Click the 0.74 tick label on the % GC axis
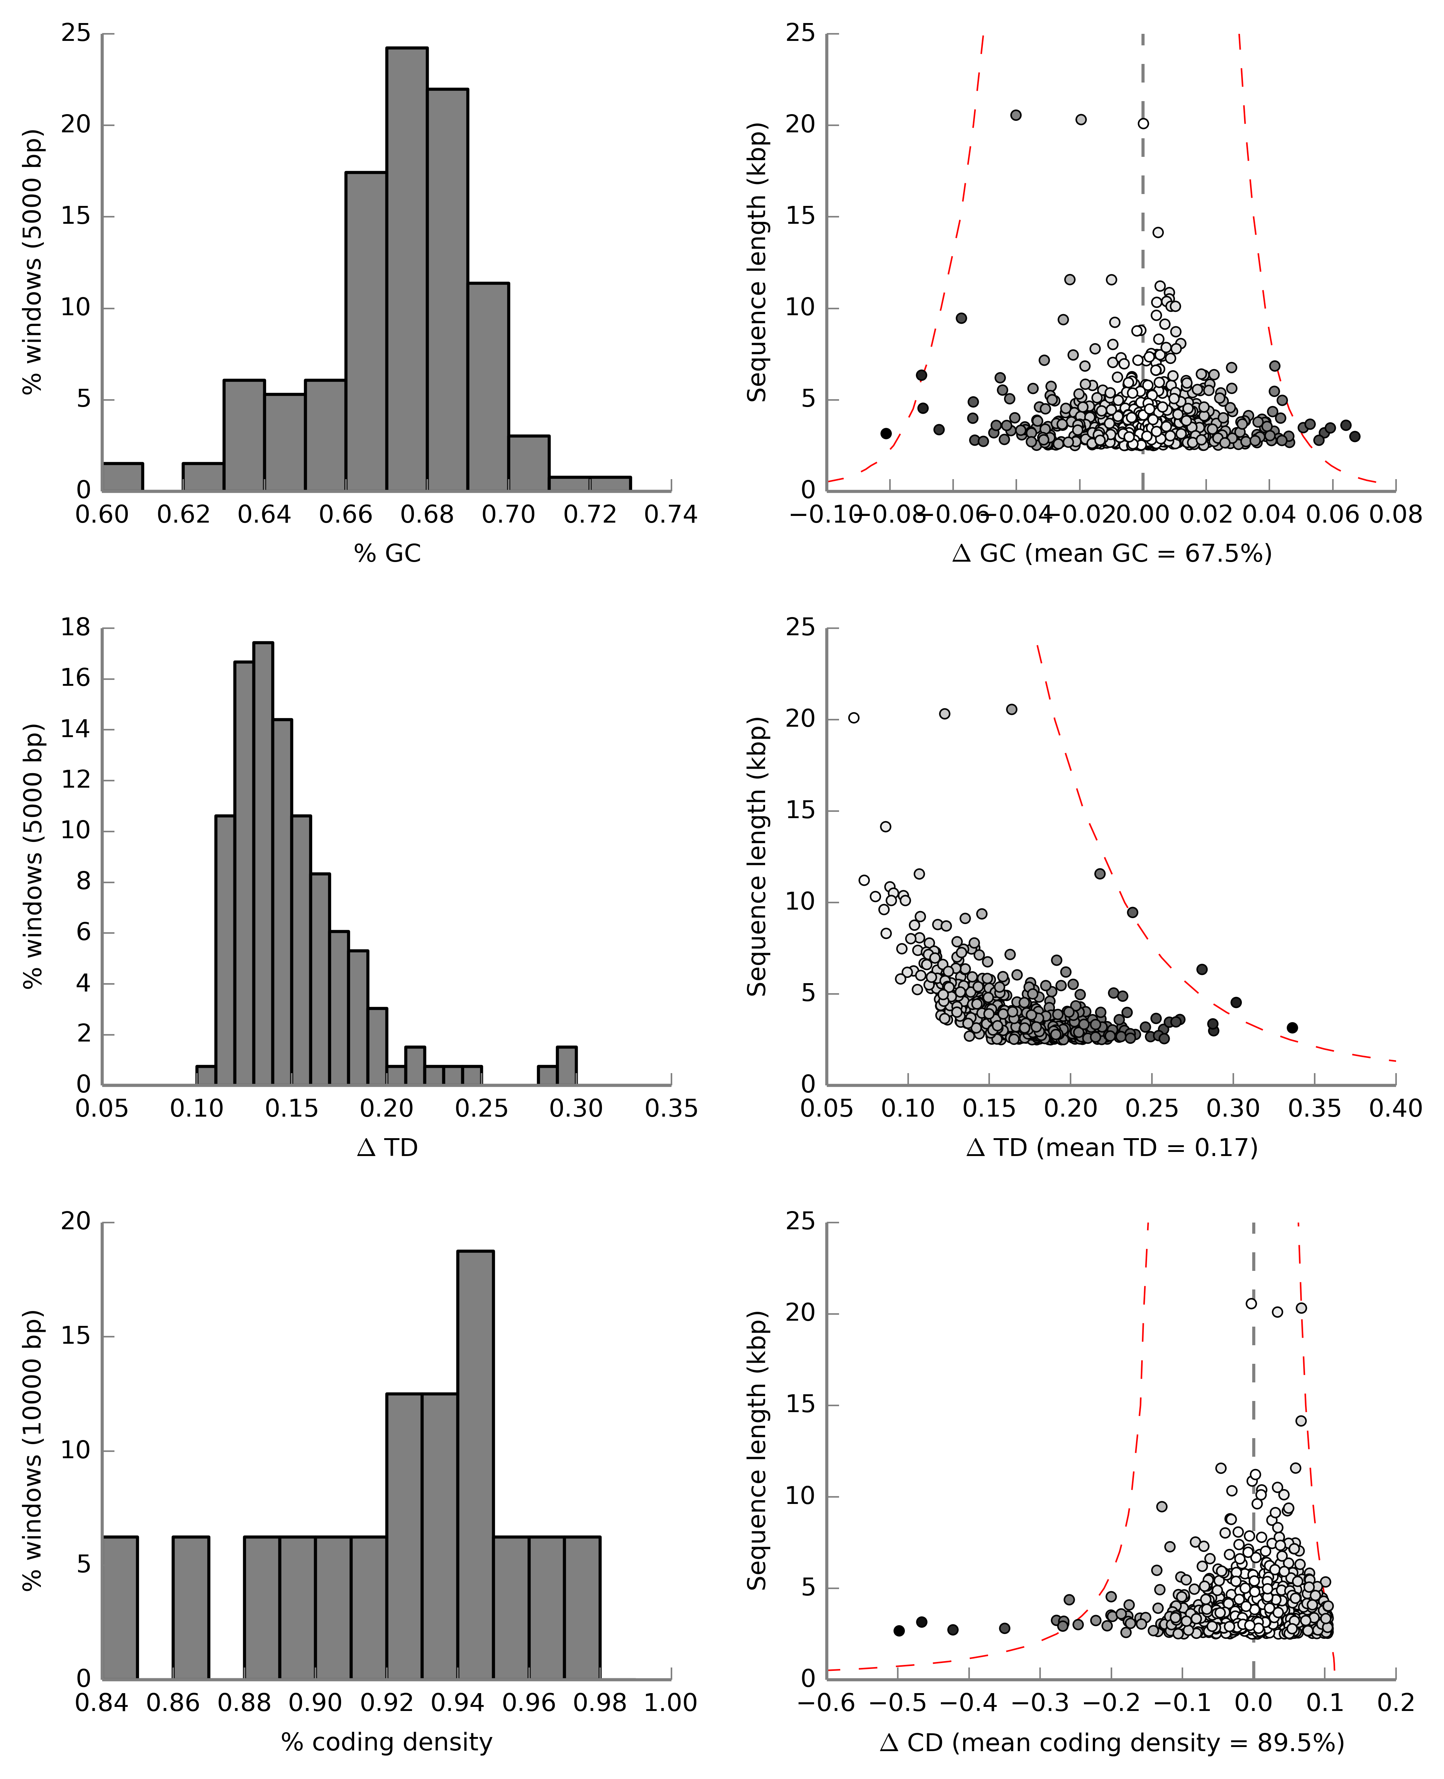(670, 515)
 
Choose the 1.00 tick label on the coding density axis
(670, 1703)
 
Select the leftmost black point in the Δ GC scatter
(886, 433)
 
